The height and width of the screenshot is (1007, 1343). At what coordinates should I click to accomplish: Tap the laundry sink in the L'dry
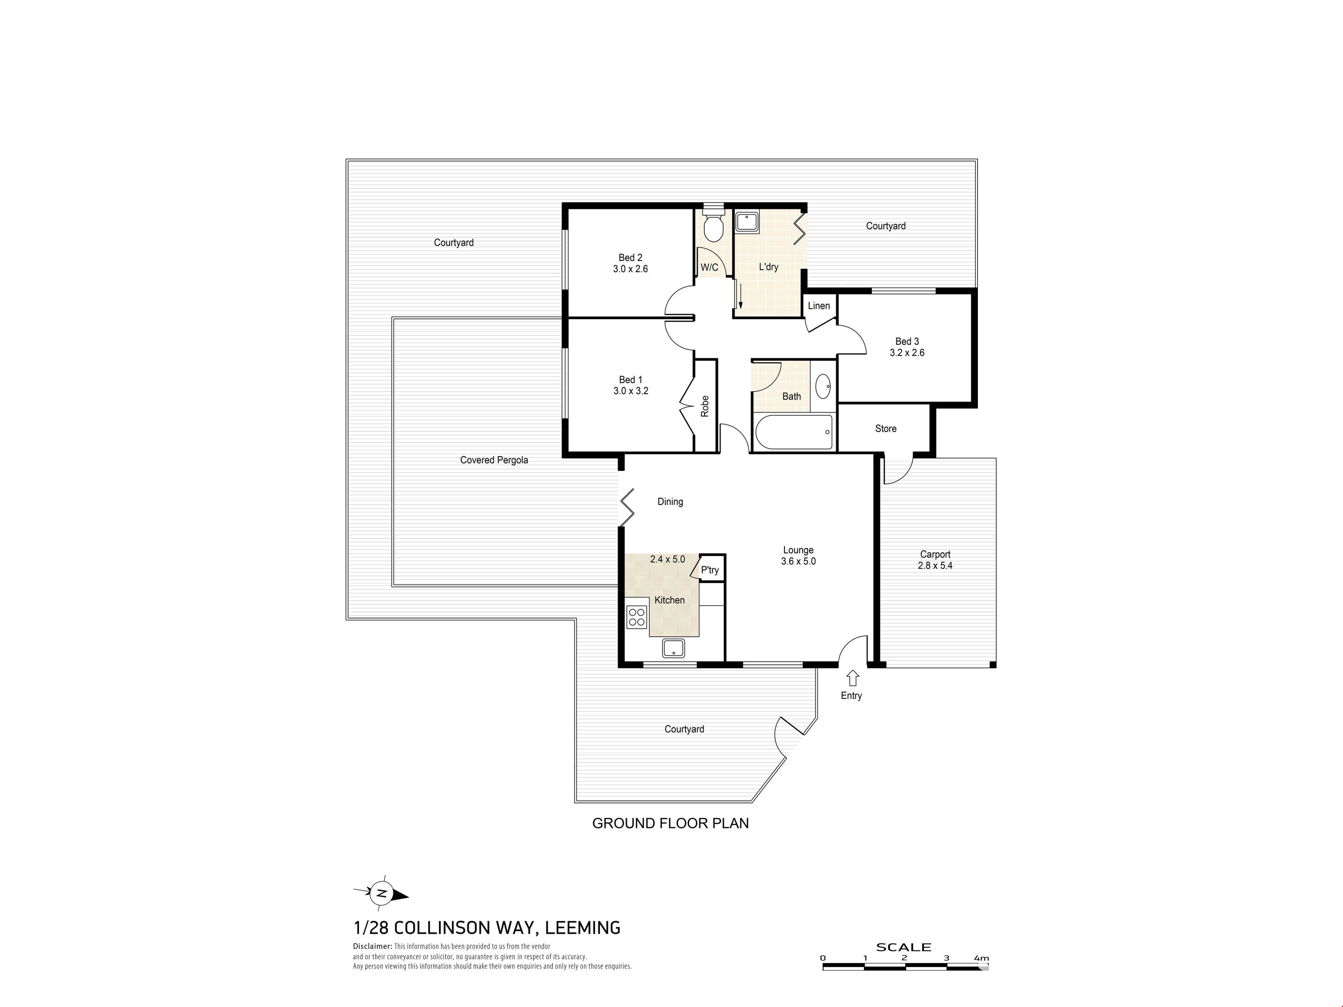coord(747,222)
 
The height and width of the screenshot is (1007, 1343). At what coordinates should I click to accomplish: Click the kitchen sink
coord(673,648)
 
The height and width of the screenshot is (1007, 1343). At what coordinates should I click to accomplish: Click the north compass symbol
coord(381,893)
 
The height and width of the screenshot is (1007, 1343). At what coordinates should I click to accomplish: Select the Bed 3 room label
coord(907,342)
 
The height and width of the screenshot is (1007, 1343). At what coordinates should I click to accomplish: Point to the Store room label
coord(886,429)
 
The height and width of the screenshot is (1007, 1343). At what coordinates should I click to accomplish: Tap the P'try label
coord(710,570)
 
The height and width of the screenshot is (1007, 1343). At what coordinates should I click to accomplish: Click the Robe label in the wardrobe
coord(705,406)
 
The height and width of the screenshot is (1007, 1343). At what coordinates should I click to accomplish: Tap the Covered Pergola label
coord(494,460)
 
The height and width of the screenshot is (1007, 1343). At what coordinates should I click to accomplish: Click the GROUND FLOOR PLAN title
coord(670,823)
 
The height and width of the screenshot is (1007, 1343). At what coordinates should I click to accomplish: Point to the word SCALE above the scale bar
coord(903,947)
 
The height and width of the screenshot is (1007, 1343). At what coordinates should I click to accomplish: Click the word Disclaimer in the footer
coord(372,946)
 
